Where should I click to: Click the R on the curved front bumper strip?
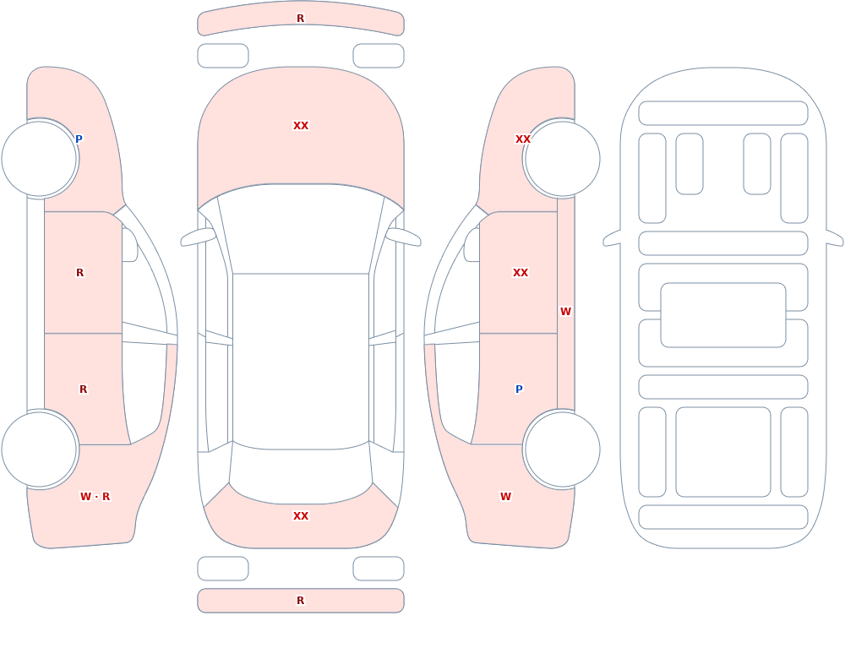point(300,19)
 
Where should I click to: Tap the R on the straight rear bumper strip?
point(300,601)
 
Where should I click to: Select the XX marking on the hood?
point(301,126)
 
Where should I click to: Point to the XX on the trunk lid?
point(301,516)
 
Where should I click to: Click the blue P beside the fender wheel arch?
point(79,139)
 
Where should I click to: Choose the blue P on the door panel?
point(519,389)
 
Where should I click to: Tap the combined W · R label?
point(95,497)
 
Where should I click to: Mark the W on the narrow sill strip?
point(565,312)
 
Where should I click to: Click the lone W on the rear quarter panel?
point(505,497)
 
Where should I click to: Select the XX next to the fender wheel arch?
point(523,139)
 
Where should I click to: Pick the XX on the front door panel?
point(520,273)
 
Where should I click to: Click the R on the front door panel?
point(79,273)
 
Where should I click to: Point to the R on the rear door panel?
point(83,389)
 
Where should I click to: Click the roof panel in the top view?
point(301,361)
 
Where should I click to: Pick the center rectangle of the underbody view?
point(723,315)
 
